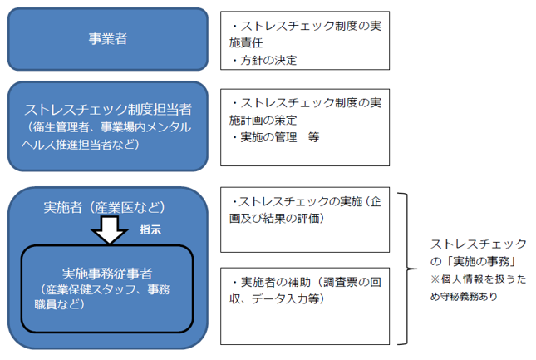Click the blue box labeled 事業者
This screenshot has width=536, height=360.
coord(108,38)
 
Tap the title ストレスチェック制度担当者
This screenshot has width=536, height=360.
coord(108,110)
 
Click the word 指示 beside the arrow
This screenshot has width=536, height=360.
coord(150,229)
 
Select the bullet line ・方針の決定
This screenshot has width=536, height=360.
coord(264,60)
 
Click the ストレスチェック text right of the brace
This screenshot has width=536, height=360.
coord(478,244)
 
